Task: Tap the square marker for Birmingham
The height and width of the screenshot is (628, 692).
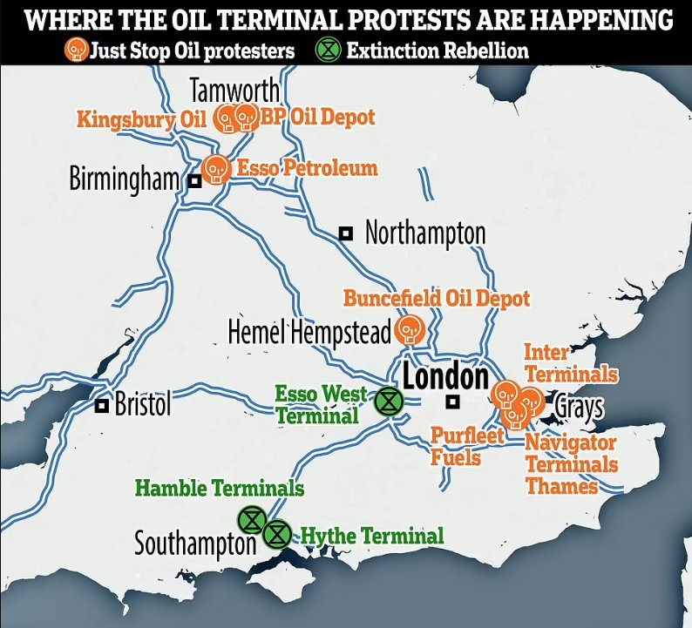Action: [x=194, y=180]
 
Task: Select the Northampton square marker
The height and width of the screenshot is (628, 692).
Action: [x=346, y=233]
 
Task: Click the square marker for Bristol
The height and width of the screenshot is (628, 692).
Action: [x=102, y=405]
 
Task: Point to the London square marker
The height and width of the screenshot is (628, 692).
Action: [x=451, y=402]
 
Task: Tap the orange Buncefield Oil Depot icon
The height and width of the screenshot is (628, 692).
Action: [x=408, y=329]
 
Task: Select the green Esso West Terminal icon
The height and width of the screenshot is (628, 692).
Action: [x=388, y=402]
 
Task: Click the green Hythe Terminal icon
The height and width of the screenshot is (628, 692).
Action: [x=277, y=531]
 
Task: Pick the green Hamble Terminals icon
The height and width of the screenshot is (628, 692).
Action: [x=251, y=519]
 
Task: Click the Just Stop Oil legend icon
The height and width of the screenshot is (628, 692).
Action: [x=77, y=50]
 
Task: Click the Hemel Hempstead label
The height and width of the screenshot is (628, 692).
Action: [x=309, y=332]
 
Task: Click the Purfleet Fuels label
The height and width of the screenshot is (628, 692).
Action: [x=468, y=445]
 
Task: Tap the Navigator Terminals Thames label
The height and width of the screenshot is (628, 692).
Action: [x=570, y=464]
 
